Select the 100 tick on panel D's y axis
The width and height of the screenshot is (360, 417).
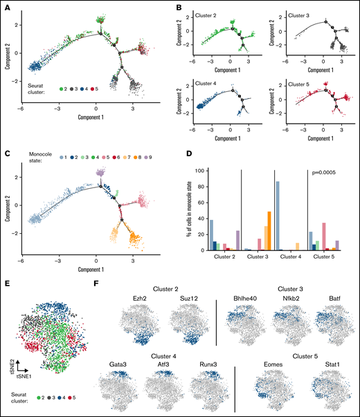197,170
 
